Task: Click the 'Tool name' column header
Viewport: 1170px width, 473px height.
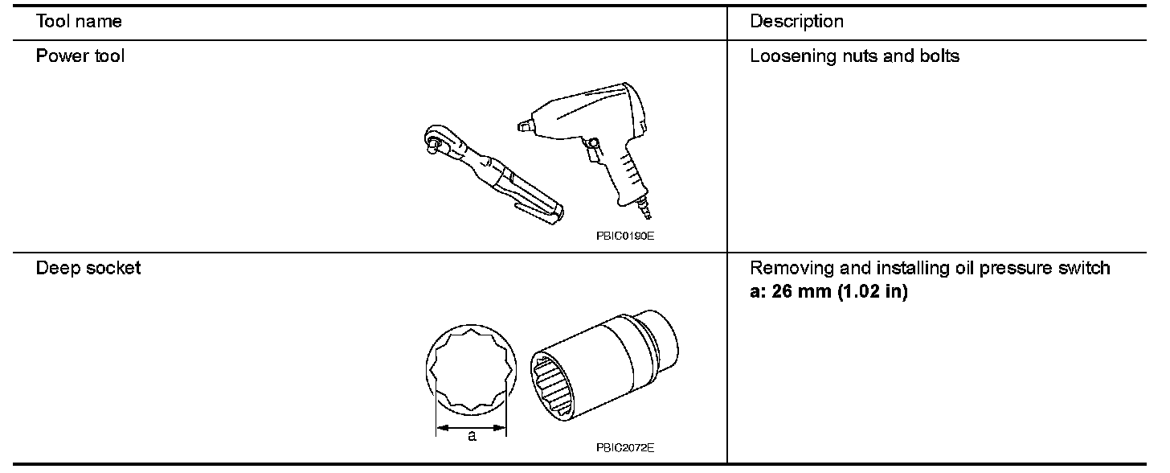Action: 79,22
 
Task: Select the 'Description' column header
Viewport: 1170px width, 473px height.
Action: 796,22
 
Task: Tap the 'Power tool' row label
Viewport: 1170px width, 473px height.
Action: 80,57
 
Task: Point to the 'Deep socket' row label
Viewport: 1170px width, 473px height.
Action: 88,269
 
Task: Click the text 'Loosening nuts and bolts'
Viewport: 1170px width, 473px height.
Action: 854,57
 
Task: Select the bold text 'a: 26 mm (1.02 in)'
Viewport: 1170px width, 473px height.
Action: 828,291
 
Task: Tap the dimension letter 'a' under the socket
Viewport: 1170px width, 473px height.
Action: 472,436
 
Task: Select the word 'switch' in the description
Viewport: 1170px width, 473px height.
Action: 1086,269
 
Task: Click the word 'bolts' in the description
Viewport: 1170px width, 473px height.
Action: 940,57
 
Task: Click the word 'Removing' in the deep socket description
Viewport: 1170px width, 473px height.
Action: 784,269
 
